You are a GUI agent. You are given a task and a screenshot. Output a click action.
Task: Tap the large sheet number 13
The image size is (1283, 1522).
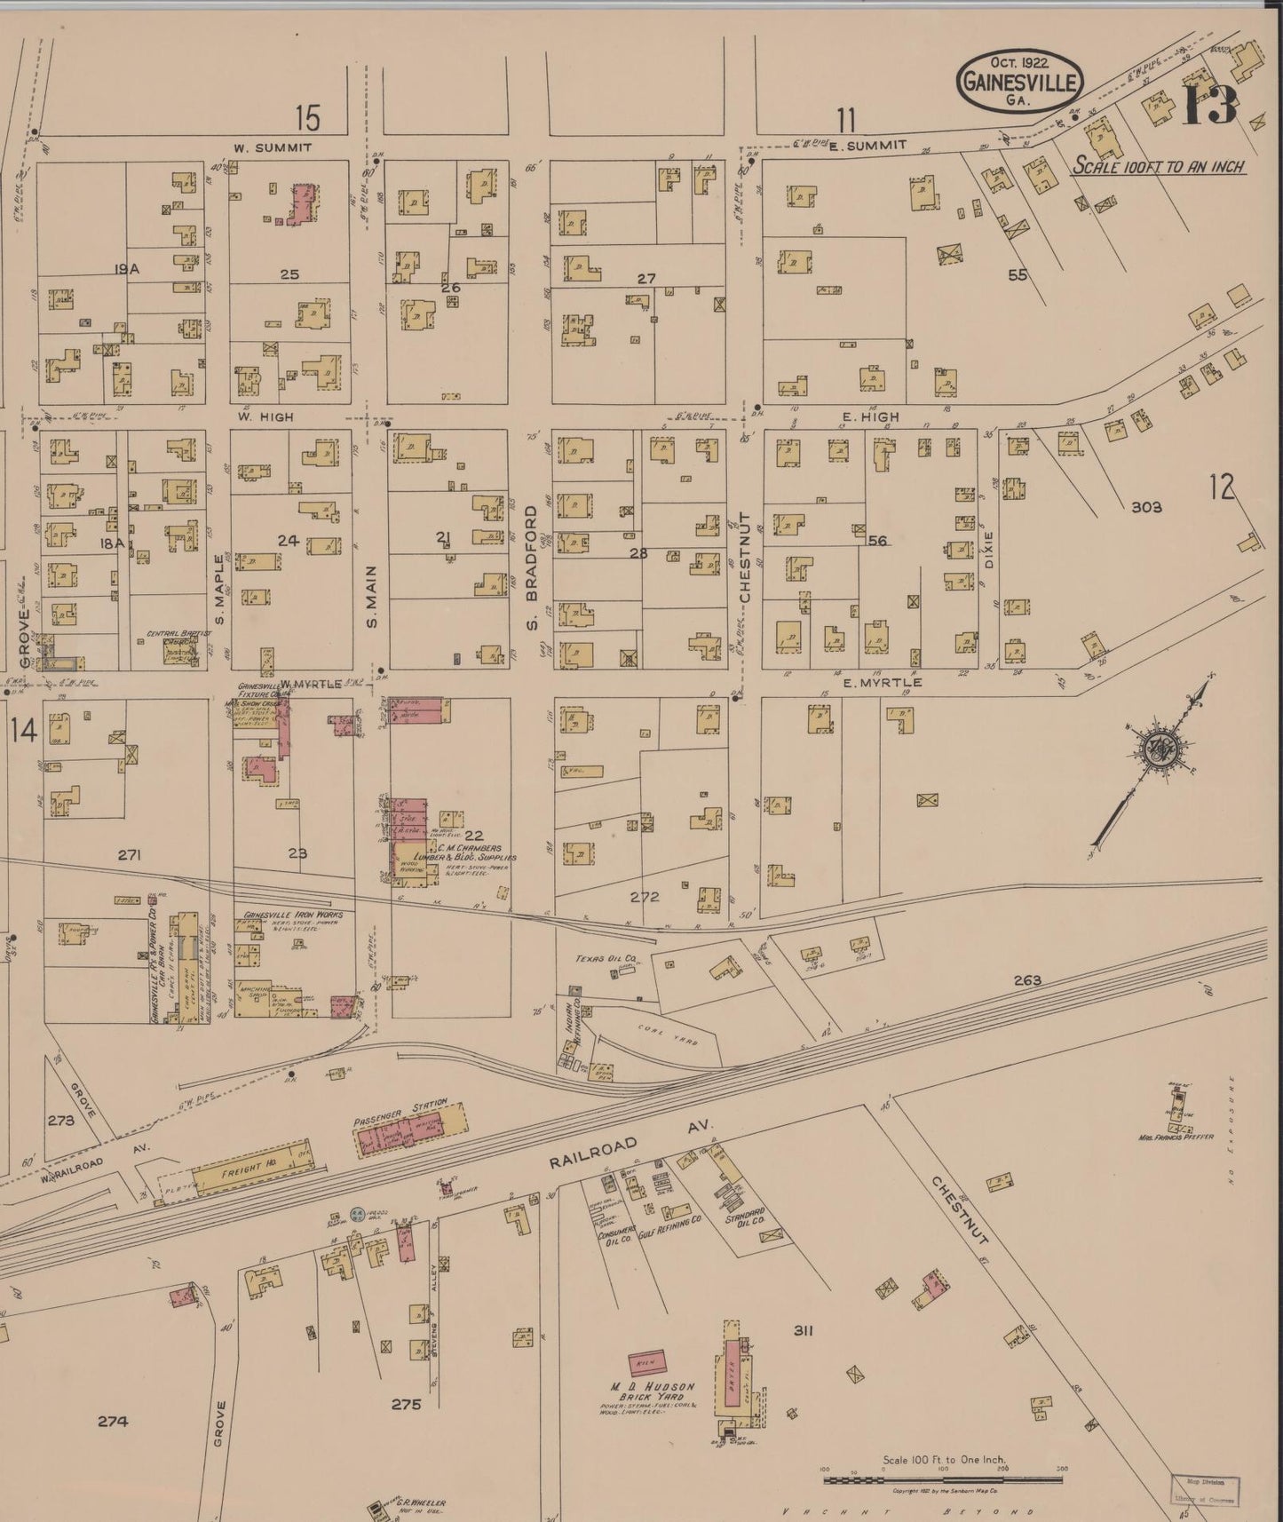1209,106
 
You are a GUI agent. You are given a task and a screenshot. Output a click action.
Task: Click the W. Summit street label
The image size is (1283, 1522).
273,147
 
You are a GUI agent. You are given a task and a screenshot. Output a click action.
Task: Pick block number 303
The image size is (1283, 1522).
1146,508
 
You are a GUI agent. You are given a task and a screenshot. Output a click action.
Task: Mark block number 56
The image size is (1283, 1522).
877,540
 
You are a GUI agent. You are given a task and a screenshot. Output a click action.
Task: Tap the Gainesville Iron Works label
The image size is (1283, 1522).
286,915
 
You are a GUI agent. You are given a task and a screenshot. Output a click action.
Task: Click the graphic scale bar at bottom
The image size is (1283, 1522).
942,1479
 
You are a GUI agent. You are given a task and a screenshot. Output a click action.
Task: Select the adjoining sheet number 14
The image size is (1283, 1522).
23,731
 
